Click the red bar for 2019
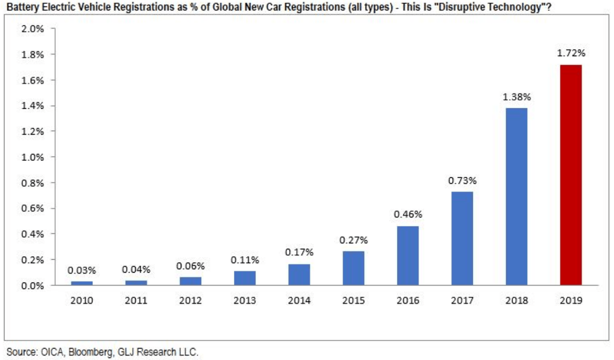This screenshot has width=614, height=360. [570, 175]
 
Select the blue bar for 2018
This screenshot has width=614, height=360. [516, 197]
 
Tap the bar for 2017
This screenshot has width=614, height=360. [462, 238]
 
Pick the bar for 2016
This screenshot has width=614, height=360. [408, 256]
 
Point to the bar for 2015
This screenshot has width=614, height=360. [353, 268]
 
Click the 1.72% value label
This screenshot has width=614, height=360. [570, 53]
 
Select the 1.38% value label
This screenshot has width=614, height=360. [516, 97]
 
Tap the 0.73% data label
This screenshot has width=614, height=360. [462, 180]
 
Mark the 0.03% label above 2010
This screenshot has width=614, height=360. [81, 271]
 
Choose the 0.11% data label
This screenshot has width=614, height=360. [244, 259]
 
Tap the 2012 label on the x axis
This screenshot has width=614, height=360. [190, 300]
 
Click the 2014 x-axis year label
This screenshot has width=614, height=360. [299, 300]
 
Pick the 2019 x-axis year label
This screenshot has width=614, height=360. [570, 300]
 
